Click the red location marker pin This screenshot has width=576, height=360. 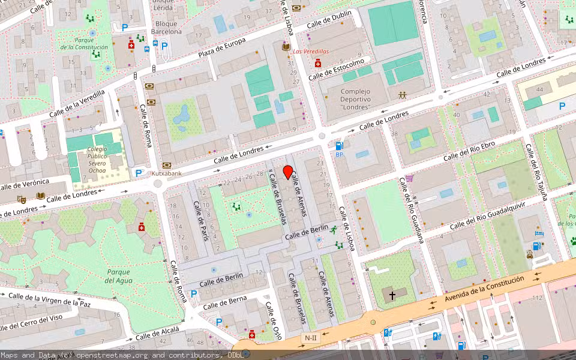[288, 172]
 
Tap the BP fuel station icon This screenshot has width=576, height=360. [340, 146]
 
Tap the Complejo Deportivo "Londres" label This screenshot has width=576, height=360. [355, 100]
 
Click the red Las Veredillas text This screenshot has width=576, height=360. [311, 52]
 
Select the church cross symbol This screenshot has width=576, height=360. [393, 295]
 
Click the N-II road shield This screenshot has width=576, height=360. [310, 338]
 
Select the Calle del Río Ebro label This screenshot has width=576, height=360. [469, 152]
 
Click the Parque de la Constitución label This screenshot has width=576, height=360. [84, 44]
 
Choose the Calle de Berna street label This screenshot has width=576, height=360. [224, 302]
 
